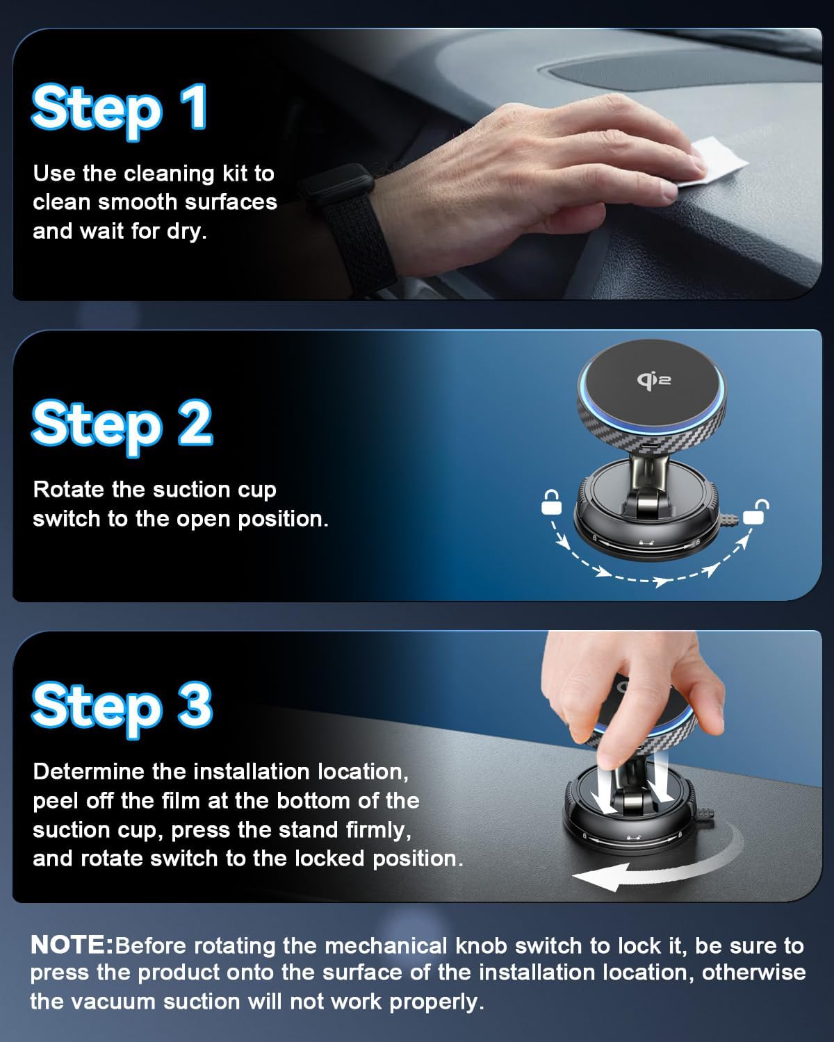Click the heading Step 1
coord(120,108)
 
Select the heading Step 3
coord(122,705)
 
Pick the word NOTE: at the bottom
coord(72,945)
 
